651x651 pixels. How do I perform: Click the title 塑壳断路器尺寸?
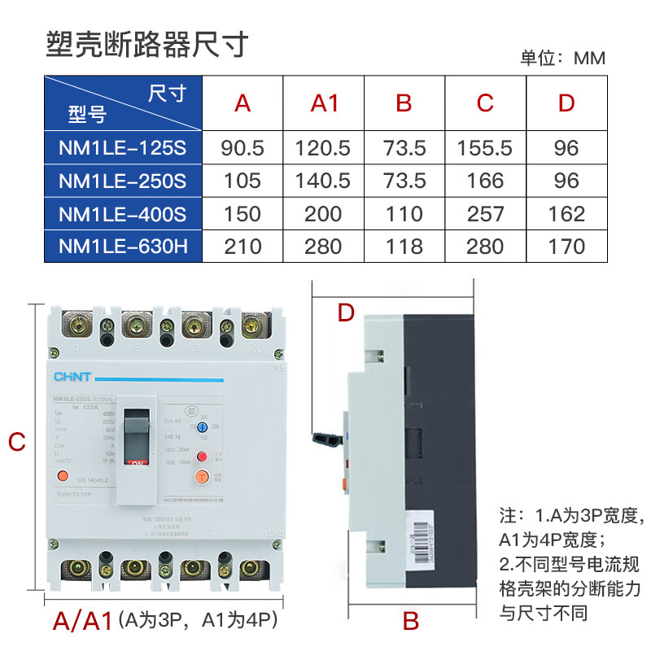[146, 44]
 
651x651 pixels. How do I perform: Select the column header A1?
[324, 103]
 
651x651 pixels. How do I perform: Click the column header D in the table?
[566, 103]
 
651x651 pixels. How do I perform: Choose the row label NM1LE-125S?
[123, 148]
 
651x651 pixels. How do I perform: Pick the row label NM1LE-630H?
[123, 246]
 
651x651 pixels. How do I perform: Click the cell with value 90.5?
[242, 148]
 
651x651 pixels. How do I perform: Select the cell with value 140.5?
[324, 181]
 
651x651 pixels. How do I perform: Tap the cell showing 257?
[485, 214]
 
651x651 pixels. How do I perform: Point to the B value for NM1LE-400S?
[404, 214]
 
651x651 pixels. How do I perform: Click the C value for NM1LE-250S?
[485, 181]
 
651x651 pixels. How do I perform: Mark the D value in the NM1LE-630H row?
[566, 246]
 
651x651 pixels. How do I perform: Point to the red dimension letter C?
[16, 442]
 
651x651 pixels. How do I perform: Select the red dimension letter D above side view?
[346, 312]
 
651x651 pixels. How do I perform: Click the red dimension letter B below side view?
[410, 622]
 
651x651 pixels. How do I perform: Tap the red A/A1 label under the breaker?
[81, 622]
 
